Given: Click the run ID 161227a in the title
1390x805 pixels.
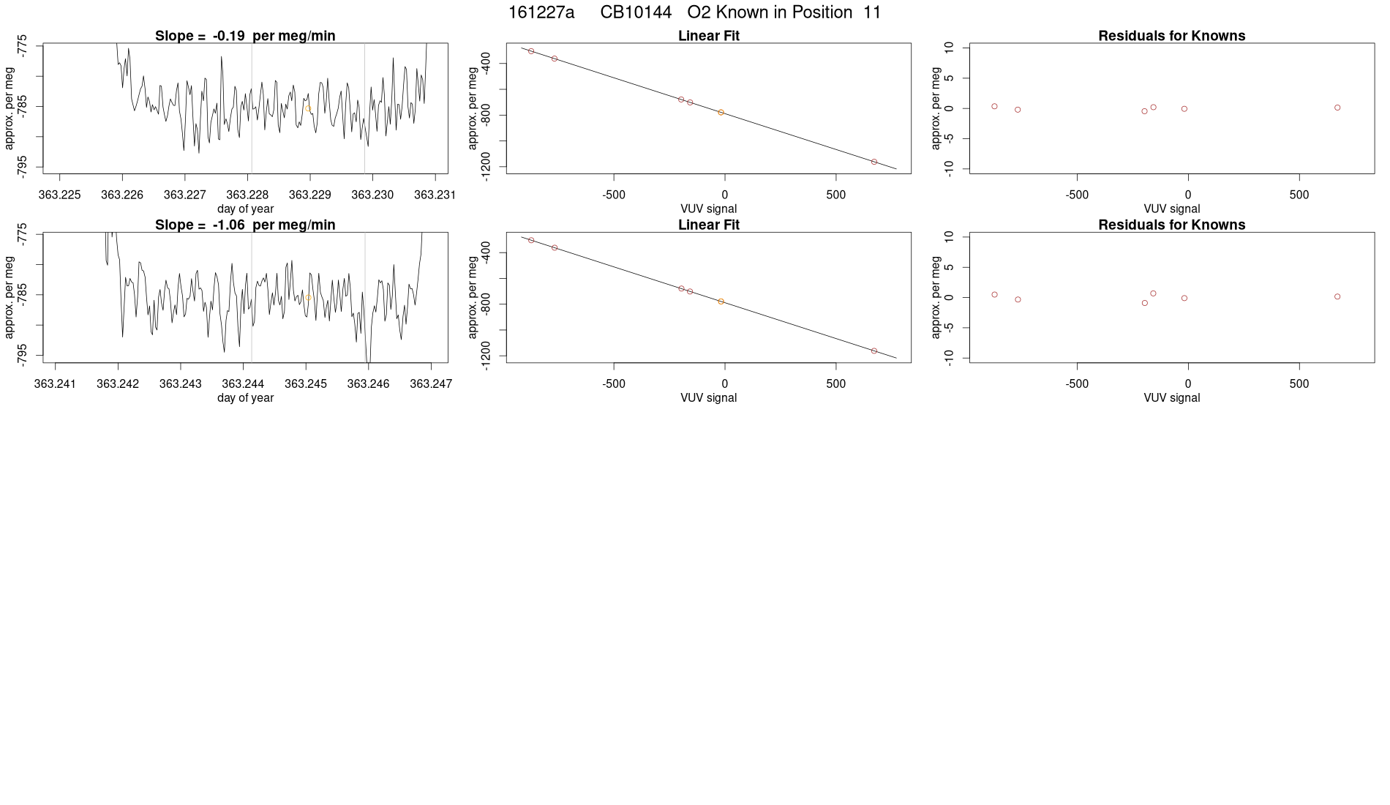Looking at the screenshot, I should [541, 12].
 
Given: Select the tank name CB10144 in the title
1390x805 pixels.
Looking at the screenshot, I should [636, 12].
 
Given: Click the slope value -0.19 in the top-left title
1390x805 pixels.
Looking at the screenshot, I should [229, 36].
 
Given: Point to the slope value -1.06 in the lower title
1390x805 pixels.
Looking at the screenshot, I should [229, 225].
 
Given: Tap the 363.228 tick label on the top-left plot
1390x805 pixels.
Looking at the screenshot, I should [247, 195].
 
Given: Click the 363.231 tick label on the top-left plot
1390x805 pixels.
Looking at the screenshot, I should [435, 195].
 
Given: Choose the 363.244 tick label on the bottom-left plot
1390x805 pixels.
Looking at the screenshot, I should [243, 383].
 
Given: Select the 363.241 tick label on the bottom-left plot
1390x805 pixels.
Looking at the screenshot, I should [55, 383].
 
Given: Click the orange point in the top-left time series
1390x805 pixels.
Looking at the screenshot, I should [309, 108].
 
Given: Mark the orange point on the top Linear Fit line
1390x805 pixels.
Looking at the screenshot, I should [721, 113].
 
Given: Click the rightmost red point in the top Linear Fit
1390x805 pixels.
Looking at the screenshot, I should [874, 162].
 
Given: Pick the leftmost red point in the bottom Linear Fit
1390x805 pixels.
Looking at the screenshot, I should [531, 240].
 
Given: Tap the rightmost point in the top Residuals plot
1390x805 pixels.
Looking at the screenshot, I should [1337, 108].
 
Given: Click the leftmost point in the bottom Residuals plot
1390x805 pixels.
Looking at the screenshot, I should [994, 294].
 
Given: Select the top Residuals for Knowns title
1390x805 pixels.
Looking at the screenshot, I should [1171, 36].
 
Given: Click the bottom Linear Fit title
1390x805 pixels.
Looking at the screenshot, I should [708, 225].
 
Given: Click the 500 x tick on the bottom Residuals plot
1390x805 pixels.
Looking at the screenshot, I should [1299, 383].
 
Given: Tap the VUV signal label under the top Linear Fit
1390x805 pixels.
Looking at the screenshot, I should [708, 209].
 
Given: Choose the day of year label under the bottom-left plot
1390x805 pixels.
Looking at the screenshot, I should [245, 397].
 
